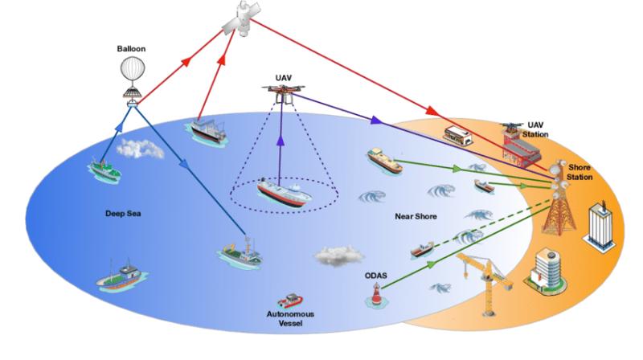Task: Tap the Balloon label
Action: click(131, 49)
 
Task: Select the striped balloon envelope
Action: click(133, 70)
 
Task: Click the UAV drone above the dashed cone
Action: click(284, 92)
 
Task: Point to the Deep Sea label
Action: click(123, 214)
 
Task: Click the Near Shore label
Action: click(416, 216)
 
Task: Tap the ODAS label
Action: click(375, 276)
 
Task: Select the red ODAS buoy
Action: click(375, 296)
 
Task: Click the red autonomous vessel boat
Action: click(290, 301)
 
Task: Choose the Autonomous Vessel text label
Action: click(290, 318)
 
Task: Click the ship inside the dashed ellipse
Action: click(285, 192)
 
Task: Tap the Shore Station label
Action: click(580, 172)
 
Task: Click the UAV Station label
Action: click(535, 129)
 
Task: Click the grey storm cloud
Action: click(338, 256)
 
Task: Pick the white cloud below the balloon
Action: click(140, 149)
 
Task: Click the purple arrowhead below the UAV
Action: click(281, 141)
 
